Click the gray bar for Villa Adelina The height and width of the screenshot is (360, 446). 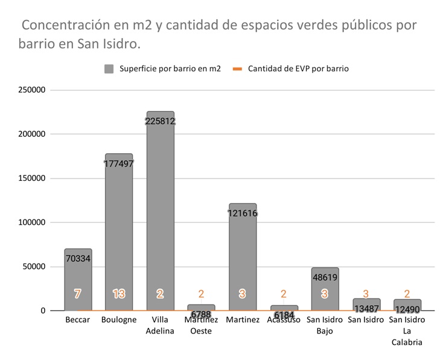160,211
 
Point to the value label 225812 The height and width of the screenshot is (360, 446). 160,121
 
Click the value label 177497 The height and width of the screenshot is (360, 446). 119,163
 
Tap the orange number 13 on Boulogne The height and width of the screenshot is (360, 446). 119,294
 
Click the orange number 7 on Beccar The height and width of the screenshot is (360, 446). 77,294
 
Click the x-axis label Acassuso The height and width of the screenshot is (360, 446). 283,320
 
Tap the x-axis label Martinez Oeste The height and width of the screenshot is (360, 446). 201,325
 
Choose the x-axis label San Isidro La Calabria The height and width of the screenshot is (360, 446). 407,330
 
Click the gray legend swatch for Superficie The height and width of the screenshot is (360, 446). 109,69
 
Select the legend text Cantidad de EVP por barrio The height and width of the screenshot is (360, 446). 298,69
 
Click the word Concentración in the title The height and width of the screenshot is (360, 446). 66,26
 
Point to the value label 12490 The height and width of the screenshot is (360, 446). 407,309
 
